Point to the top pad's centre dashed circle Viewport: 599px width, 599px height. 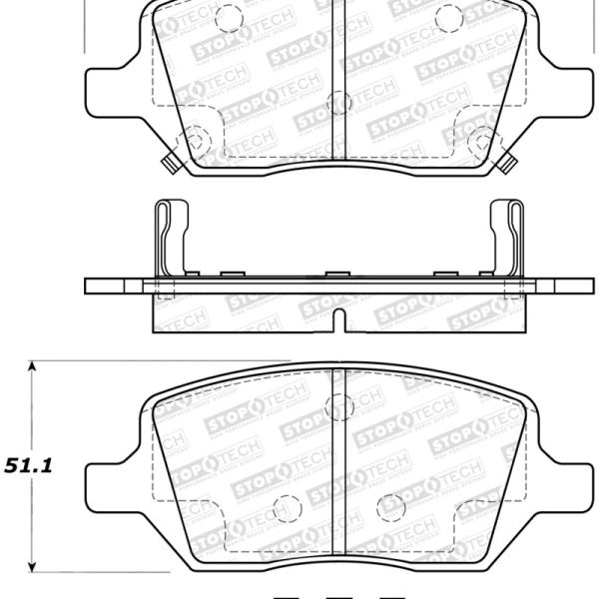click(x=339, y=101)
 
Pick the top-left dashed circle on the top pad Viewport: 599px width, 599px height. click(x=229, y=17)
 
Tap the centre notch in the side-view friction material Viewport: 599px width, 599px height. click(x=338, y=318)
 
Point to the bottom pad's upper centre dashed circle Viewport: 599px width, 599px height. click(x=338, y=405)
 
